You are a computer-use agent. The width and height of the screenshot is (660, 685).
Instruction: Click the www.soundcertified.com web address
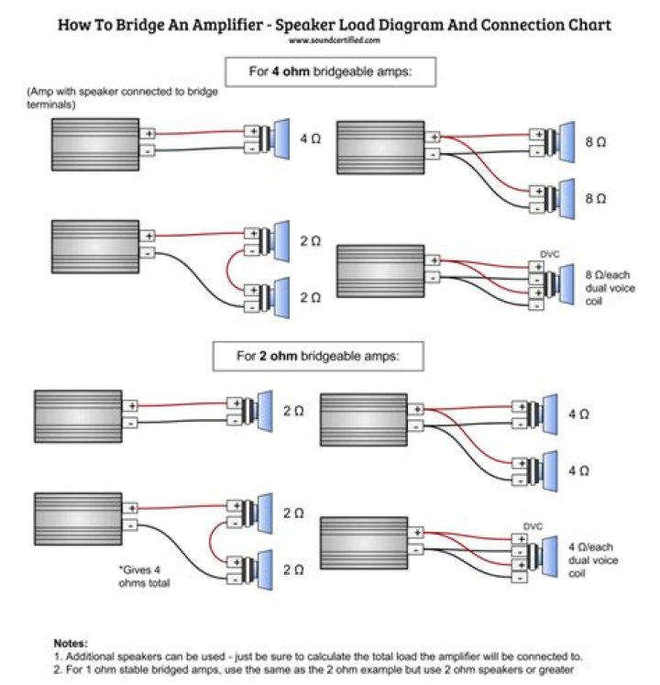point(335,40)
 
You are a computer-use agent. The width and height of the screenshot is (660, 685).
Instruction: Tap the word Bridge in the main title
point(139,25)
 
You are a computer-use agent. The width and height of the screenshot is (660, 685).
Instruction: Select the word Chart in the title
point(589,25)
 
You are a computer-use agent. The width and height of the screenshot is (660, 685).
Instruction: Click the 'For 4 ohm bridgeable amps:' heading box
point(330,72)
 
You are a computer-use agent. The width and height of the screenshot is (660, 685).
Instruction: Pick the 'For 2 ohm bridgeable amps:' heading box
point(318,356)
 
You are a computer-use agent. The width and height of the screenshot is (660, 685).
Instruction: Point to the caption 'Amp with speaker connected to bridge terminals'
point(122,98)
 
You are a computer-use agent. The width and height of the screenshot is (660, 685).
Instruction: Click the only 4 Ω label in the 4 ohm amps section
point(310,138)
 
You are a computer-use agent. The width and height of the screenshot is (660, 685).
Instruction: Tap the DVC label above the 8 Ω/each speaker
point(549,254)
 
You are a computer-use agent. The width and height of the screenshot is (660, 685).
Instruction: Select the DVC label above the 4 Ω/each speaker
point(533,526)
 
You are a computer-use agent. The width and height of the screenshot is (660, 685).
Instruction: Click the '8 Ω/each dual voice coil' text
point(610,288)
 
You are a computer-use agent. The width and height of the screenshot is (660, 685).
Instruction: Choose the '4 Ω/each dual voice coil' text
point(593,560)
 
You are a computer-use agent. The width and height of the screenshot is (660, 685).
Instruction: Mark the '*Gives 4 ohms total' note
point(144,576)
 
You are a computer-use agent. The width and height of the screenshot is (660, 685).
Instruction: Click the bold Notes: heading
point(71,643)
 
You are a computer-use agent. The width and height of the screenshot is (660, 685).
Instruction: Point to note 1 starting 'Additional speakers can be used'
point(318,657)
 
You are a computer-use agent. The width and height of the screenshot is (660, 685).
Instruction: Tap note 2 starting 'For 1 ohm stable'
point(313,669)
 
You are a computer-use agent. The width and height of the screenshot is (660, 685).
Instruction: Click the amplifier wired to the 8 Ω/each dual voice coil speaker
point(380,271)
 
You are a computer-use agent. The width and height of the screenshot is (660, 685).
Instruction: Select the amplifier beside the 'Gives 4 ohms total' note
point(78,519)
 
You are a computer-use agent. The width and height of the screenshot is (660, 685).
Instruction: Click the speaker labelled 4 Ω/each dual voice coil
point(543,556)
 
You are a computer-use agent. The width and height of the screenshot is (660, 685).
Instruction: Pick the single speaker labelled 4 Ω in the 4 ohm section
point(274,138)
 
